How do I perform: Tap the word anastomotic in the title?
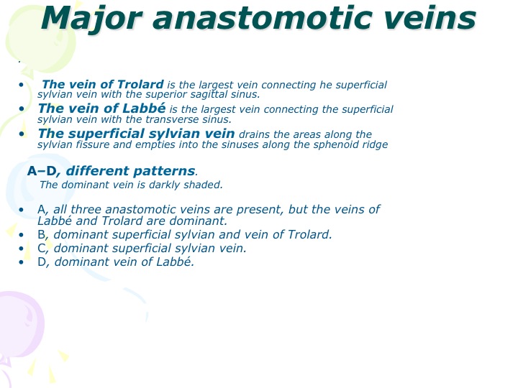click(262, 19)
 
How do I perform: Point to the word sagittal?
click(206, 94)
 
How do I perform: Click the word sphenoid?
click(334, 144)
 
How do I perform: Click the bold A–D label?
click(42, 171)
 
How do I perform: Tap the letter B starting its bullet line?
click(41, 234)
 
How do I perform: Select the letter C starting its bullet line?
click(42, 248)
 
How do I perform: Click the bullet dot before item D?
click(22, 262)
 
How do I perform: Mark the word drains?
click(255, 134)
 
